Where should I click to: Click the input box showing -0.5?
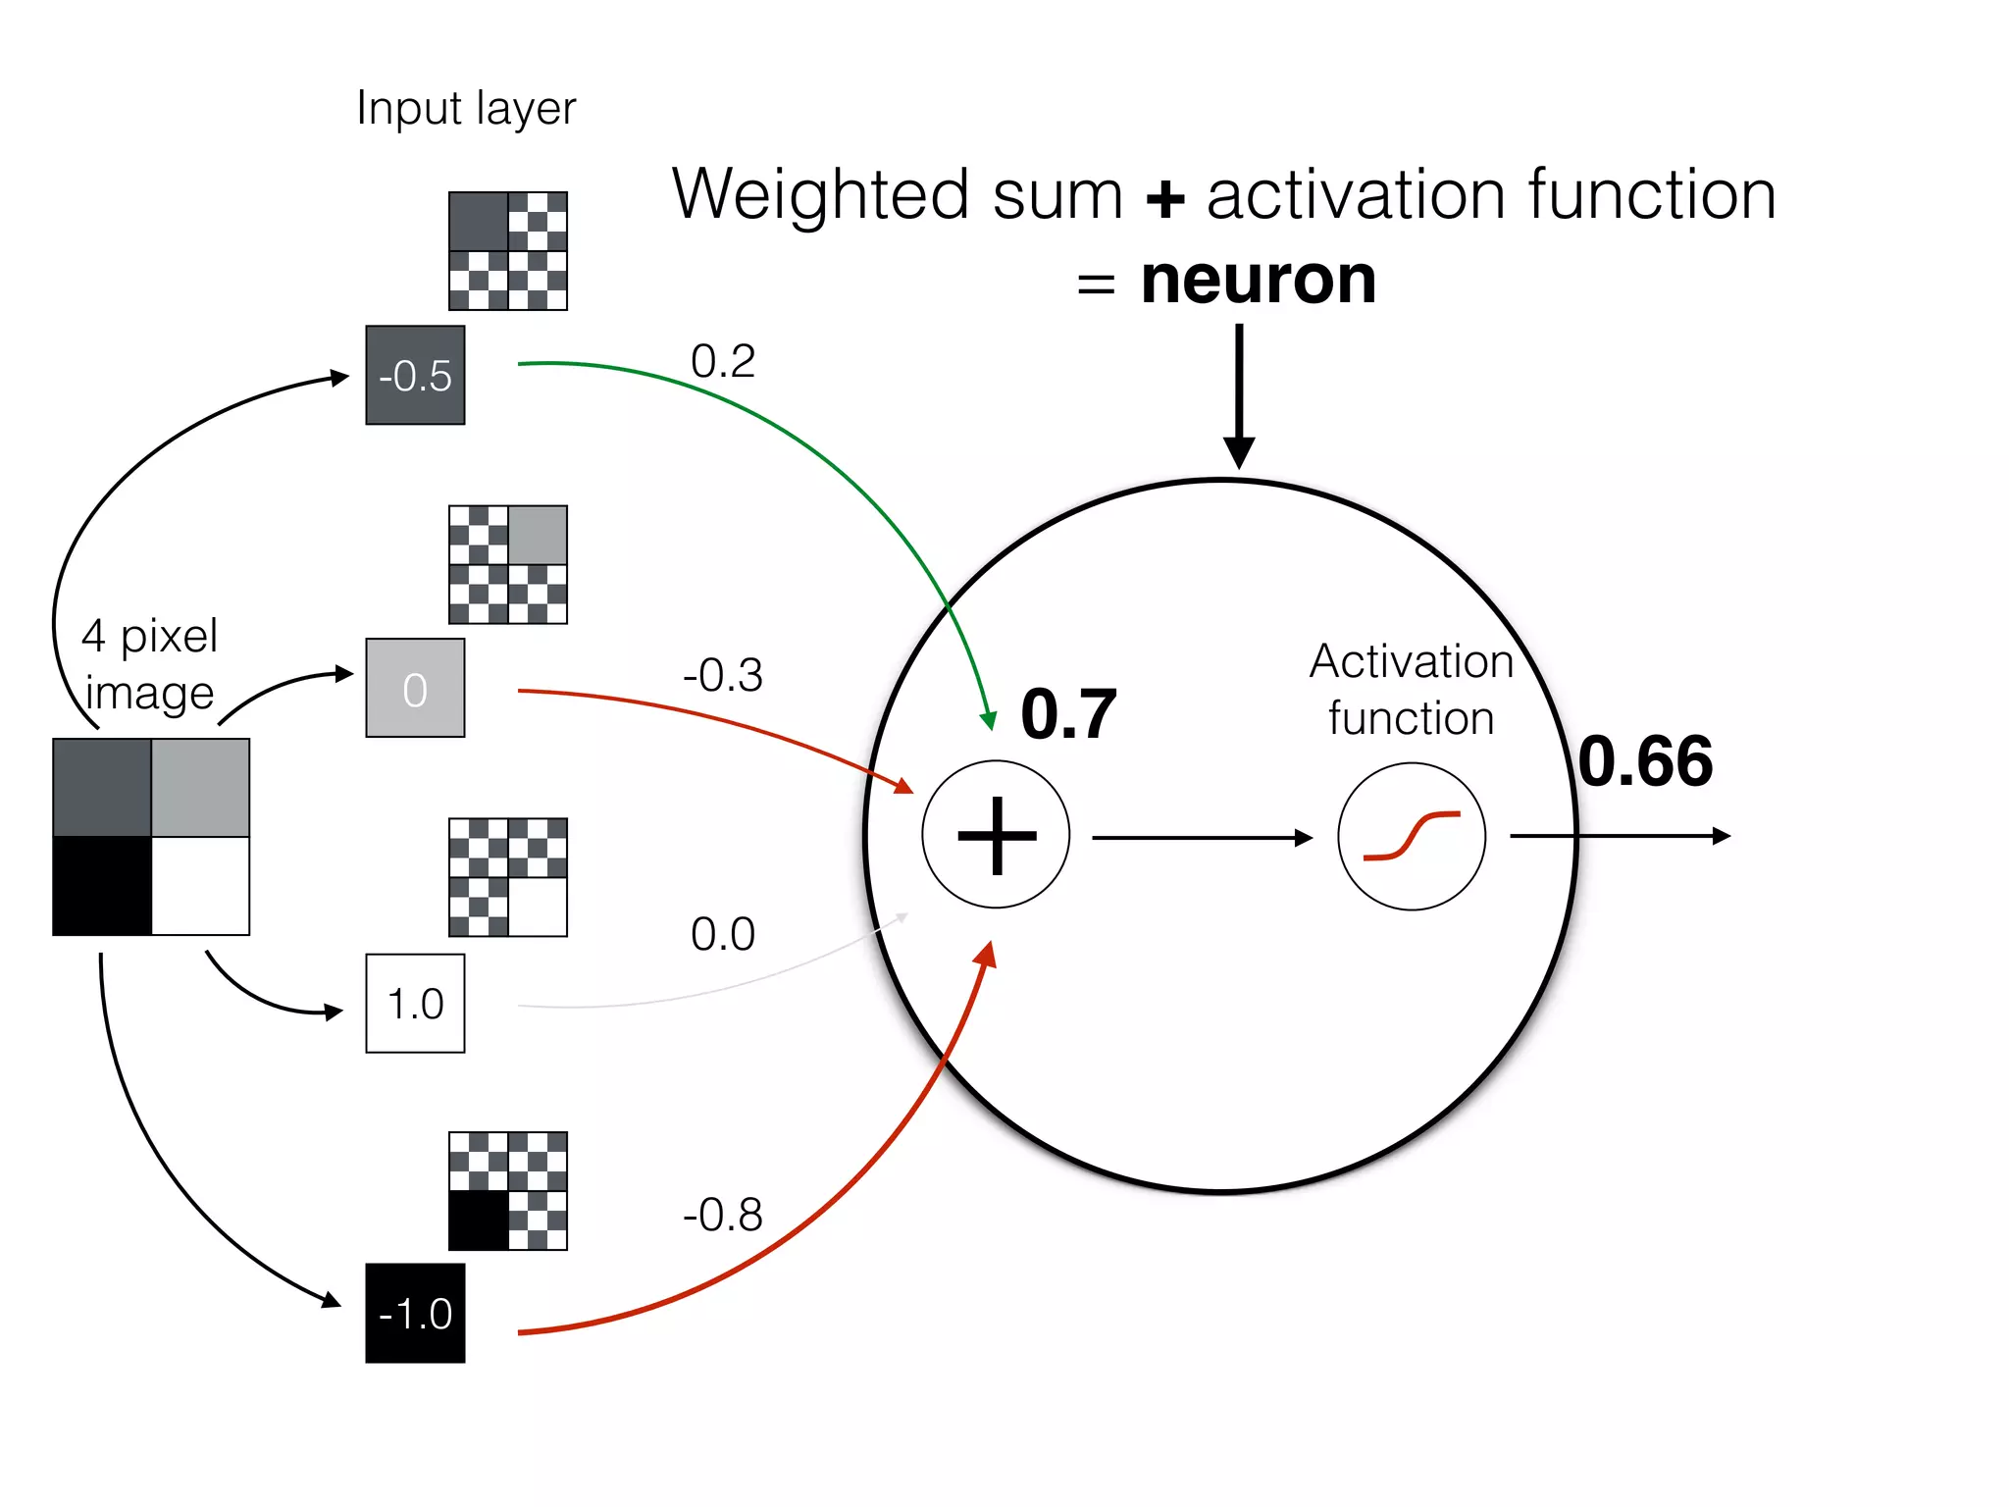(x=415, y=375)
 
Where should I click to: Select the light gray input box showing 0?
(x=415, y=688)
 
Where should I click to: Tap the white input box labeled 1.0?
(x=415, y=1003)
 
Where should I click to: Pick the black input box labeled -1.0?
(x=415, y=1313)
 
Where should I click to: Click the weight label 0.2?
(x=723, y=361)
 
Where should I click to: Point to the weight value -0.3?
(x=723, y=675)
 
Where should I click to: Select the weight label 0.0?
(x=723, y=934)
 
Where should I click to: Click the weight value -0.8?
(x=723, y=1215)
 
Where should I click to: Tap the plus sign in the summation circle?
(x=997, y=835)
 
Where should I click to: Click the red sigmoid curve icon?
(x=1412, y=836)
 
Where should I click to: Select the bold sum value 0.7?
(x=1068, y=714)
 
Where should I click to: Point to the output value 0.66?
(x=1645, y=761)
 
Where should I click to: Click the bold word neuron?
(x=1259, y=281)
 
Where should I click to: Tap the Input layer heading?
(x=466, y=108)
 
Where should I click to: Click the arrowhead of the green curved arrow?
(x=990, y=720)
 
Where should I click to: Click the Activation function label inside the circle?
(x=1412, y=689)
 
